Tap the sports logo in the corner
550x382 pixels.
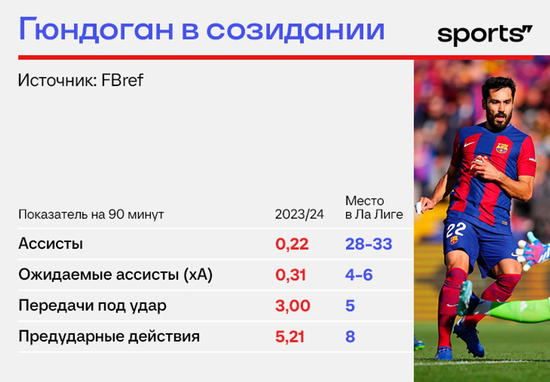pyautogui.click(x=485, y=35)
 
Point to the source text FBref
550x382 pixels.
pyautogui.click(x=122, y=80)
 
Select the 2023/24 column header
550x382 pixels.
pyautogui.click(x=299, y=214)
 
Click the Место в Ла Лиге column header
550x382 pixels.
pyautogui.click(x=374, y=208)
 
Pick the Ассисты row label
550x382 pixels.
pyautogui.click(x=50, y=243)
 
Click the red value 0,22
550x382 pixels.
pyautogui.click(x=292, y=244)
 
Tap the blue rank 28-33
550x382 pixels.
pyautogui.click(x=368, y=244)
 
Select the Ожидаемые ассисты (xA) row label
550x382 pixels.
pyautogui.click(x=115, y=275)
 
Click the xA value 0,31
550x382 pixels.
pyautogui.click(x=291, y=275)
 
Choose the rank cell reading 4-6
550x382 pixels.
pyautogui.click(x=359, y=275)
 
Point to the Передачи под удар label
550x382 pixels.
pyautogui.click(x=92, y=306)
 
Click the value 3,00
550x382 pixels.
pyautogui.click(x=293, y=306)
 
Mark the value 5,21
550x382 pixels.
pyautogui.click(x=290, y=336)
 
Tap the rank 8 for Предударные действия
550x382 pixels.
pyautogui.click(x=350, y=336)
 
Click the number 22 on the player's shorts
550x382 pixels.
pyautogui.click(x=456, y=229)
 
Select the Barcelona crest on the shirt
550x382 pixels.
pyautogui.click(x=502, y=148)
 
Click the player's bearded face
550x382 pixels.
pyautogui.click(x=498, y=108)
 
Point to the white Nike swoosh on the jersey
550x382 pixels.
pyautogui.click(x=469, y=144)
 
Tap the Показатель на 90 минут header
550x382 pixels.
pyautogui.click(x=91, y=215)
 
